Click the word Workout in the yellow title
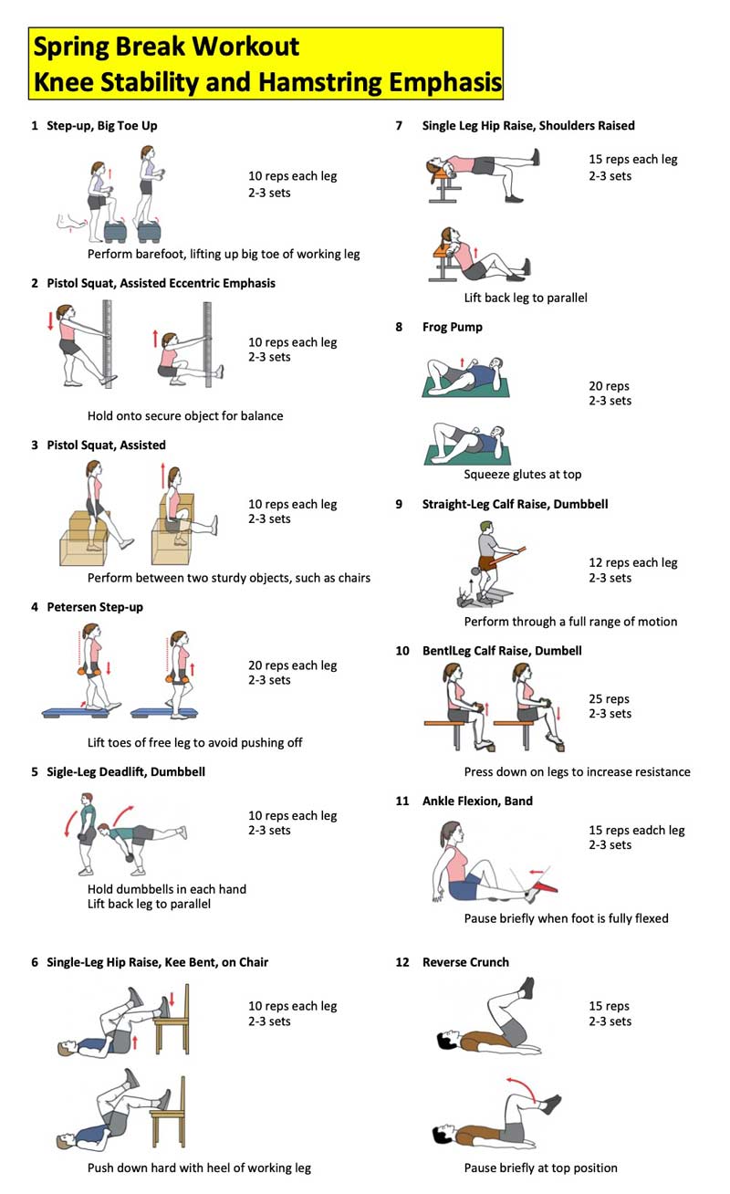(245, 47)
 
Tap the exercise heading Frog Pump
(452, 328)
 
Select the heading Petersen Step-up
(95, 607)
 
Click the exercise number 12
(402, 962)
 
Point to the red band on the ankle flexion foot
(545, 886)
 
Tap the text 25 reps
(609, 699)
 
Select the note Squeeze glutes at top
(522, 475)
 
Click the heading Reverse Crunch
(465, 962)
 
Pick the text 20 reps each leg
(293, 665)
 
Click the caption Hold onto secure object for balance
(185, 415)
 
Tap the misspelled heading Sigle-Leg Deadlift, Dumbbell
(126, 772)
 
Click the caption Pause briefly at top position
(540, 1168)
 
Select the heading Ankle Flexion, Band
(477, 801)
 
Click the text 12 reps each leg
(633, 563)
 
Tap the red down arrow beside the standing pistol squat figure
(50, 321)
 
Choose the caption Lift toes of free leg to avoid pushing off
(194, 742)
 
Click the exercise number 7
(399, 126)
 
